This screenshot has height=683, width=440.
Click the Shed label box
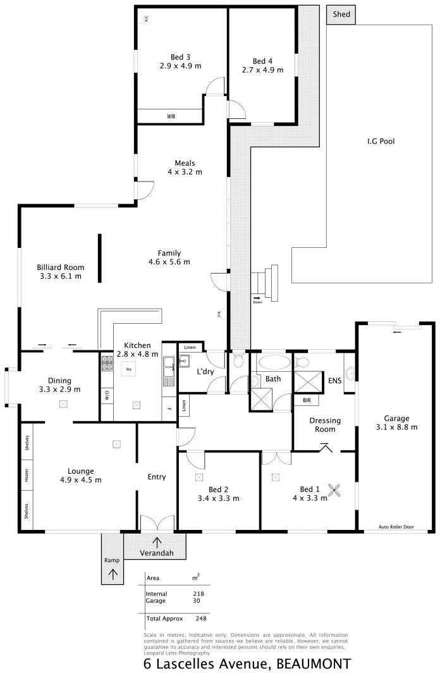[x=341, y=15]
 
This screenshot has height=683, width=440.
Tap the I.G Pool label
[x=381, y=142]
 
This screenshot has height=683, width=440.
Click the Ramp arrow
[x=114, y=574]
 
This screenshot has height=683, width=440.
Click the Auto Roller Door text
[x=396, y=526]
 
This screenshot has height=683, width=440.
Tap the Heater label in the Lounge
[x=27, y=477]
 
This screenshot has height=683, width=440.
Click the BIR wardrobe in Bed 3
[x=170, y=116]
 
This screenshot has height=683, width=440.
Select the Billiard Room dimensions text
[x=60, y=276]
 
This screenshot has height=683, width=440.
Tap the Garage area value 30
[x=197, y=601]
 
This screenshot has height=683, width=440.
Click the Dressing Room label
[x=325, y=424]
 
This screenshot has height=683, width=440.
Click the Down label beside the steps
[x=257, y=302]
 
